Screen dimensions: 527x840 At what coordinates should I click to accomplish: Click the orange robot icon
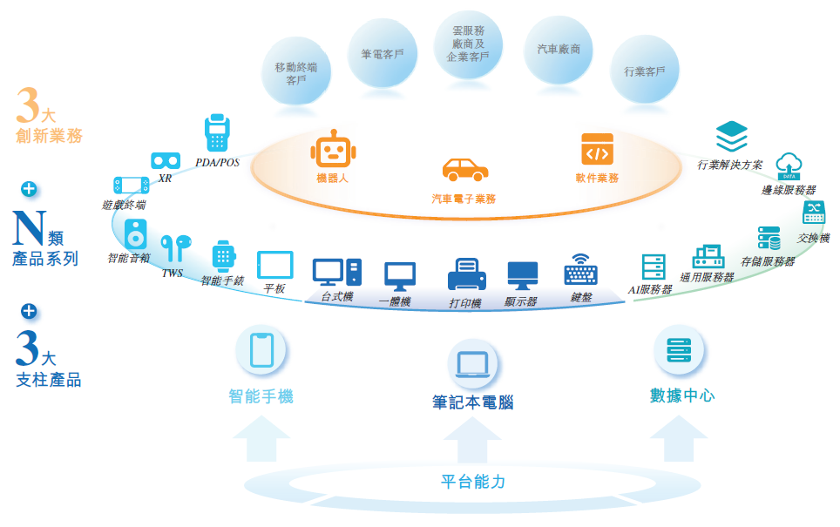point(333,150)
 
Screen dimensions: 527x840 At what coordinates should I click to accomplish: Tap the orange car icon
point(464,170)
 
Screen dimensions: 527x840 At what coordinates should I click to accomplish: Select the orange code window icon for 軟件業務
point(597,150)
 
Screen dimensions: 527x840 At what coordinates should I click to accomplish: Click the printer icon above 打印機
point(465,275)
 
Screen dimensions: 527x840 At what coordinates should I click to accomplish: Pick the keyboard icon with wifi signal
point(581,271)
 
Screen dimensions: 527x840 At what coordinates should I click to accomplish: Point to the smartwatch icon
point(223,256)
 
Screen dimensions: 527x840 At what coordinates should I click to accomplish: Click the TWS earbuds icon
point(173,248)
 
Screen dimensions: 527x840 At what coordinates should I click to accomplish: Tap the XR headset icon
point(166,161)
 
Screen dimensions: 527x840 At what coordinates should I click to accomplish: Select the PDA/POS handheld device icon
point(217,133)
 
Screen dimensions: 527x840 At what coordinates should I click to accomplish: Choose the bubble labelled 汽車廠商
point(559,51)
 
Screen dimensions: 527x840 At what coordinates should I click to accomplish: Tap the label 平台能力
point(472,481)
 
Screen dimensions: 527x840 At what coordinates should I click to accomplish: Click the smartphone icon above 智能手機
point(261,351)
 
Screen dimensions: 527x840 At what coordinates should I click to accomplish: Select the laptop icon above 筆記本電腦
point(472,363)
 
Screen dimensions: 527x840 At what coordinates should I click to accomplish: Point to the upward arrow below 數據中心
point(677,438)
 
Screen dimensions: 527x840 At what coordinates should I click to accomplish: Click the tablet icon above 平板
point(274,265)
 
